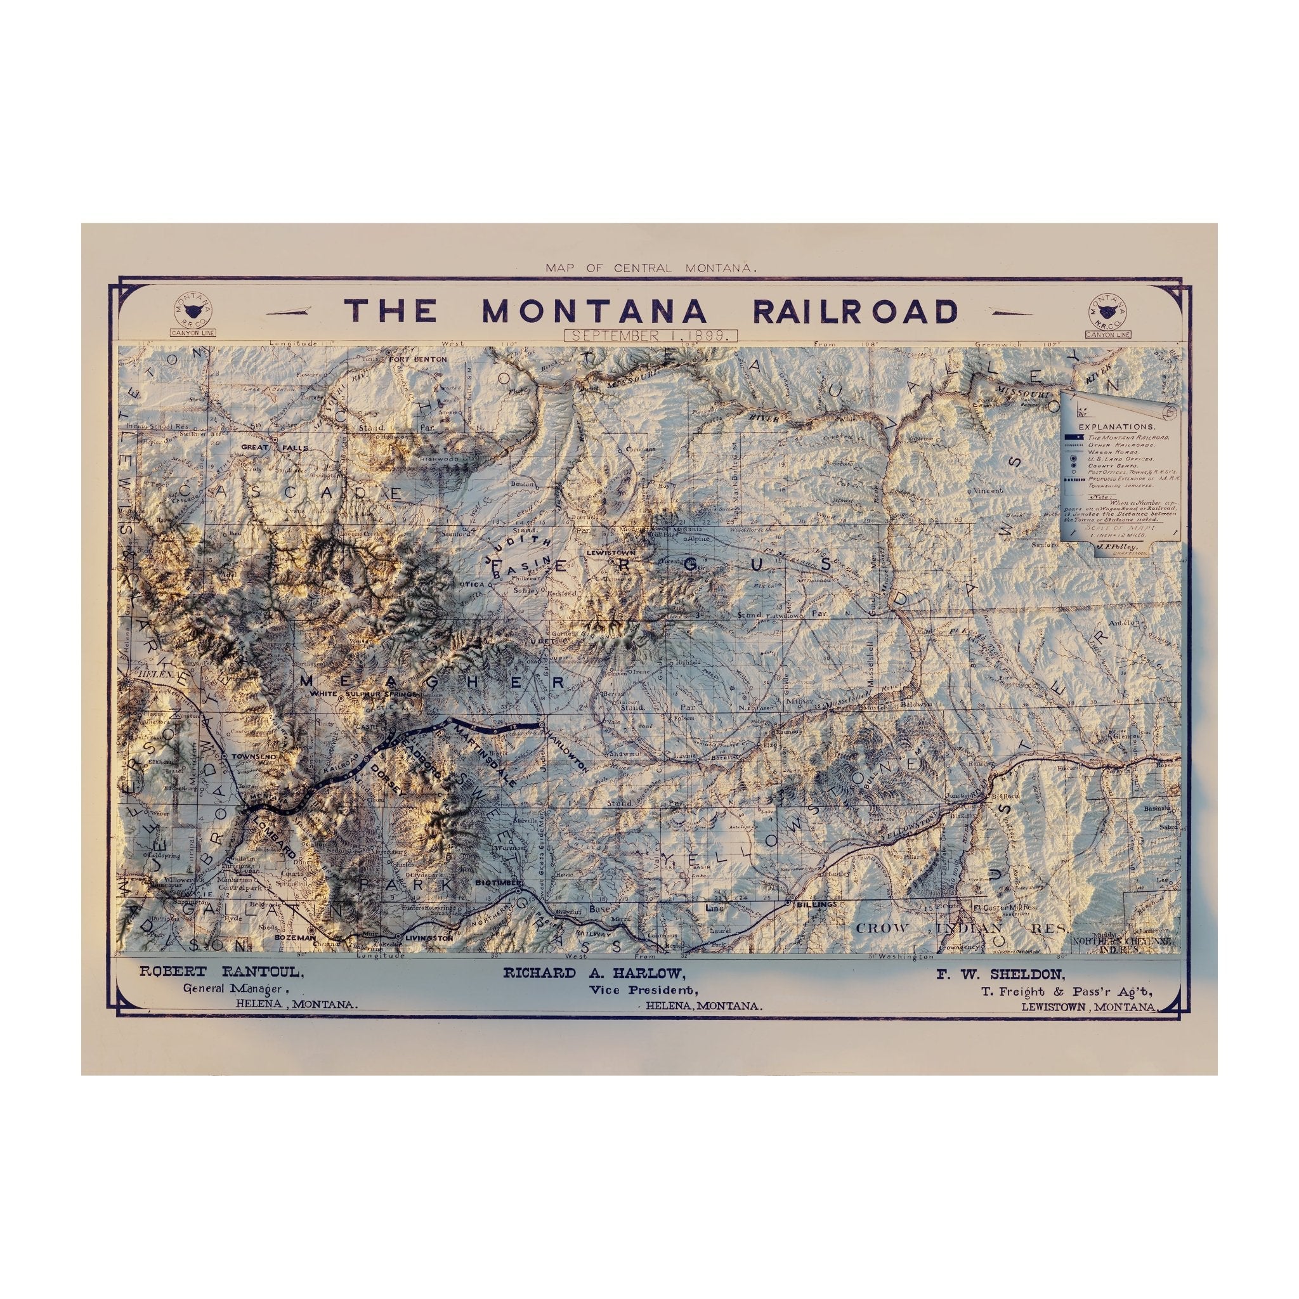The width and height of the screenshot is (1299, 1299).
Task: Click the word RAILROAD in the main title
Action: pos(855,311)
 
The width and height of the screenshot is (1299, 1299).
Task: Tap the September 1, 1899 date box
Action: pos(652,336)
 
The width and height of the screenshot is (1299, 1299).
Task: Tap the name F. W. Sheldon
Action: pos(999,973)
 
